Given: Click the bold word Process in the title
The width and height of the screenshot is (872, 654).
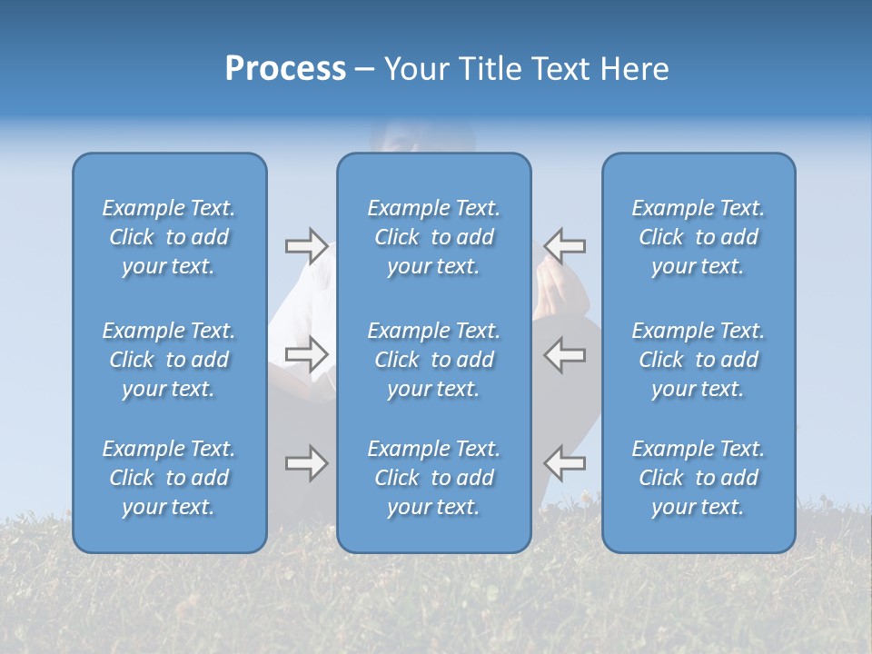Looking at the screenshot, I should [285, 69].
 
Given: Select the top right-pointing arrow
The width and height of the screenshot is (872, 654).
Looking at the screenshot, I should [306, 245].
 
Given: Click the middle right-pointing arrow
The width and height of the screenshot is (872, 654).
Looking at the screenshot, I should [306, 354].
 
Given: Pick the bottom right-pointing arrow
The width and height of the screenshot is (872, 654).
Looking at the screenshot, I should [306, 463].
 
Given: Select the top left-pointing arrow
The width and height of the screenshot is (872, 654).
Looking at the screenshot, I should [564, 245].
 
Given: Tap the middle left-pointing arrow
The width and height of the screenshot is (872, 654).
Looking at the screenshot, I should [564, 354].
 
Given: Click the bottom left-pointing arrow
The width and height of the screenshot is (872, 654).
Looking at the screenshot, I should [564, 463].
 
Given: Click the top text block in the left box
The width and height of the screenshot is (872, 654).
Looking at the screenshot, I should [169, 237].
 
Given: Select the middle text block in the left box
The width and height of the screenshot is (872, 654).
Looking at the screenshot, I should [169, 360].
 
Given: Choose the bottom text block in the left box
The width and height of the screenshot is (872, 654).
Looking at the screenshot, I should [169, 478].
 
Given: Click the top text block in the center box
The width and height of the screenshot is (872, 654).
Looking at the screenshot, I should [433, 237].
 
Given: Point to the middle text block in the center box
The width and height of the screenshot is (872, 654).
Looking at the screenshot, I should [433, 360].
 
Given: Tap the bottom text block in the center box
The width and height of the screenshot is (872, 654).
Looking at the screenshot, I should [433, 478].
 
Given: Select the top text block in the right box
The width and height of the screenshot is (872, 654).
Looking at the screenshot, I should [698, 237].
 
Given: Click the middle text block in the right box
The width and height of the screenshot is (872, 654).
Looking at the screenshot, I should [698, 360].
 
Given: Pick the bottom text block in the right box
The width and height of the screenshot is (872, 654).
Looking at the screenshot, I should [698, 478].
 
